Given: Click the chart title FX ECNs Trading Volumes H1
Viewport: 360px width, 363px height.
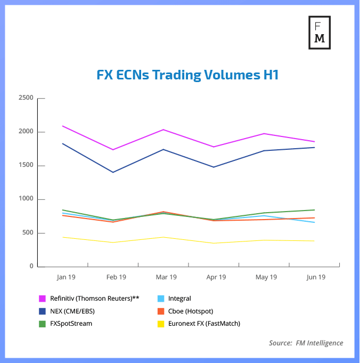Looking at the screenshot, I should [x=187, y=75].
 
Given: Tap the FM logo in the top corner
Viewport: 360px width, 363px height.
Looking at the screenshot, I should [x=320, y=32].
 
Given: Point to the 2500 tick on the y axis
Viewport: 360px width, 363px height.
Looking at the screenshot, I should [x=26, y=98].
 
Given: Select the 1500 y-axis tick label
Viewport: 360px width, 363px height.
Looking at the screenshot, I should [x=26, y=166].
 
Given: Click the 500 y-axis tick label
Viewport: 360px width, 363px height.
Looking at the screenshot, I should [x=27, y=233].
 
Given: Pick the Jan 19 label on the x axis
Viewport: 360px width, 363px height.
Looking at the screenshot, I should [x=66, y=277].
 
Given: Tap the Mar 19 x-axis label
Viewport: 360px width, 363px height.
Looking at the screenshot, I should [x=166, y=277].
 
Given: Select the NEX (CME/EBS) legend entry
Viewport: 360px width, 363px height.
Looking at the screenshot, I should [x=74, y=311].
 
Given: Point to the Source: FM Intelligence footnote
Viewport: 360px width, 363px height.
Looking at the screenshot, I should [x=306, y=343].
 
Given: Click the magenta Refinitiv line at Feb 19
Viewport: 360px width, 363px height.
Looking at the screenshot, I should [x=113, y=150].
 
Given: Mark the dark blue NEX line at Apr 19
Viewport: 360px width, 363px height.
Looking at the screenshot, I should [x=214, y=167].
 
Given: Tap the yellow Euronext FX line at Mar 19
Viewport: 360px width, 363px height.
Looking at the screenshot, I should [x=163, y=237].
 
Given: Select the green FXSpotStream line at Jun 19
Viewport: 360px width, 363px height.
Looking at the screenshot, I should [x=314, y=210].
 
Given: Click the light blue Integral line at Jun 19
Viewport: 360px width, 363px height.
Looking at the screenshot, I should [x=314, y=222].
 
